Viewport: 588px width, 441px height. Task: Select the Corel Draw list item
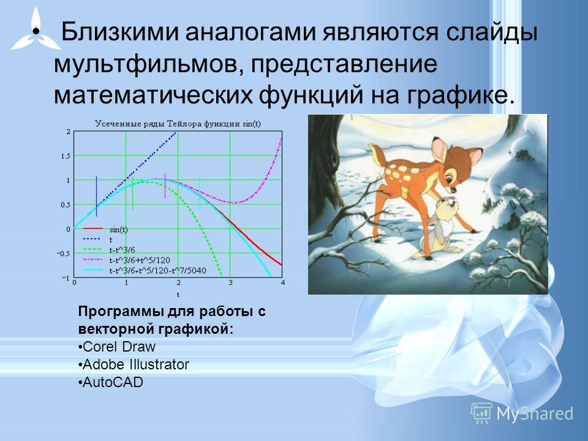pyautogui.click(x=116, y=347)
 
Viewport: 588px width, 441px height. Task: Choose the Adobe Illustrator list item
pyautogui.click(x=134, y=364)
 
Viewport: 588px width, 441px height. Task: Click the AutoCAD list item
pyautogui.click(x=111, y=382)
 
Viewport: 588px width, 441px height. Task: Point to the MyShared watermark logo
pyautogui.click(x=522, y=413)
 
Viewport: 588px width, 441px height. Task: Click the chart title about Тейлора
pyautogui.click(x=178, y=124)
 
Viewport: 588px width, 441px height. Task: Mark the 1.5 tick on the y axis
pyautogui.click(x=66, y=156)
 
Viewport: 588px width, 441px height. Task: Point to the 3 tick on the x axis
pyautogui.click(x=231, y=282)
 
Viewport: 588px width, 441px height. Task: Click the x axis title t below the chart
pyautogui.click(x=178, y=295)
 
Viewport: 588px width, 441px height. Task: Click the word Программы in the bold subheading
pyautogui.click(x=120, y=312)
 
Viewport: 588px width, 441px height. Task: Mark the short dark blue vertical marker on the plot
pyautogui.click(x=96, y=196)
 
